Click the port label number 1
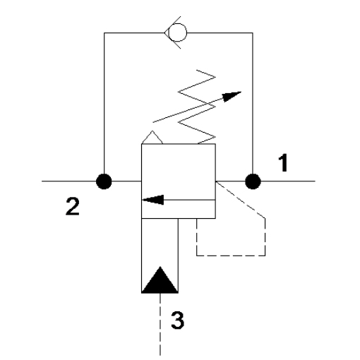(x=283, y=163)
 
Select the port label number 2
(x=73, y=206)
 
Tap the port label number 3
(x=177, y=320)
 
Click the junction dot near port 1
(x=253, y=181)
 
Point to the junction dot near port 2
(x=104, y=181)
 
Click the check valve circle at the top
(x=178, y=32)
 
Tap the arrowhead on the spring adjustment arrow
(x=232, y=97)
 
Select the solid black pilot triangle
(x=160, y=280)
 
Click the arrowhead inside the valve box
(x=153, y=200)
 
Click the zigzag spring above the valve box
(x=197, y=107)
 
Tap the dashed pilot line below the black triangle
(x=160, y=324)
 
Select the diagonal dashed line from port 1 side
(x=241, y=200)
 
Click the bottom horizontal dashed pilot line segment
(x=231, y=256)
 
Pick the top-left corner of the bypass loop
(x=104, y=32)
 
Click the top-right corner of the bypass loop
(x=253, y=32)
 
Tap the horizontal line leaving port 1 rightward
(x=288, y=181)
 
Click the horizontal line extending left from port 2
(x=69, y=181)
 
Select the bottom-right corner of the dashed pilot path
(x=265, y=256)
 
